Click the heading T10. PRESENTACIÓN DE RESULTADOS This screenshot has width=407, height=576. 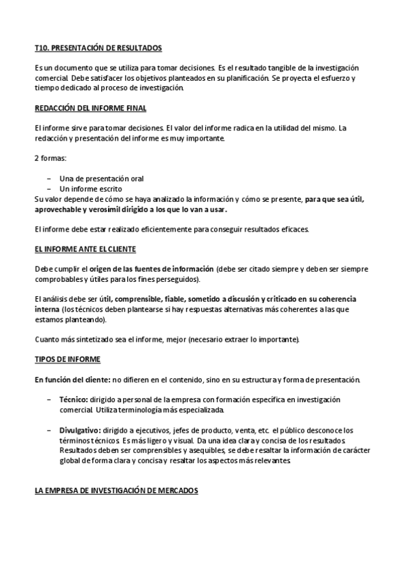point(98,48)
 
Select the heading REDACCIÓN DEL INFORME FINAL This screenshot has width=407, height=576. point(90,108)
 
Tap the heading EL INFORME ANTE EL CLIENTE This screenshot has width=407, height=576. point(85,249)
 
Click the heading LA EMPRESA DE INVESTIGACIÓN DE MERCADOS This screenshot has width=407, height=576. point(116,490)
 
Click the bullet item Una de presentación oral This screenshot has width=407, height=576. point(101,178)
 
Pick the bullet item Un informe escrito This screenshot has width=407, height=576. point(91,188)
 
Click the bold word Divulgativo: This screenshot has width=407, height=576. point(81,430)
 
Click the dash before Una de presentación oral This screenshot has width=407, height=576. point(49,178)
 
